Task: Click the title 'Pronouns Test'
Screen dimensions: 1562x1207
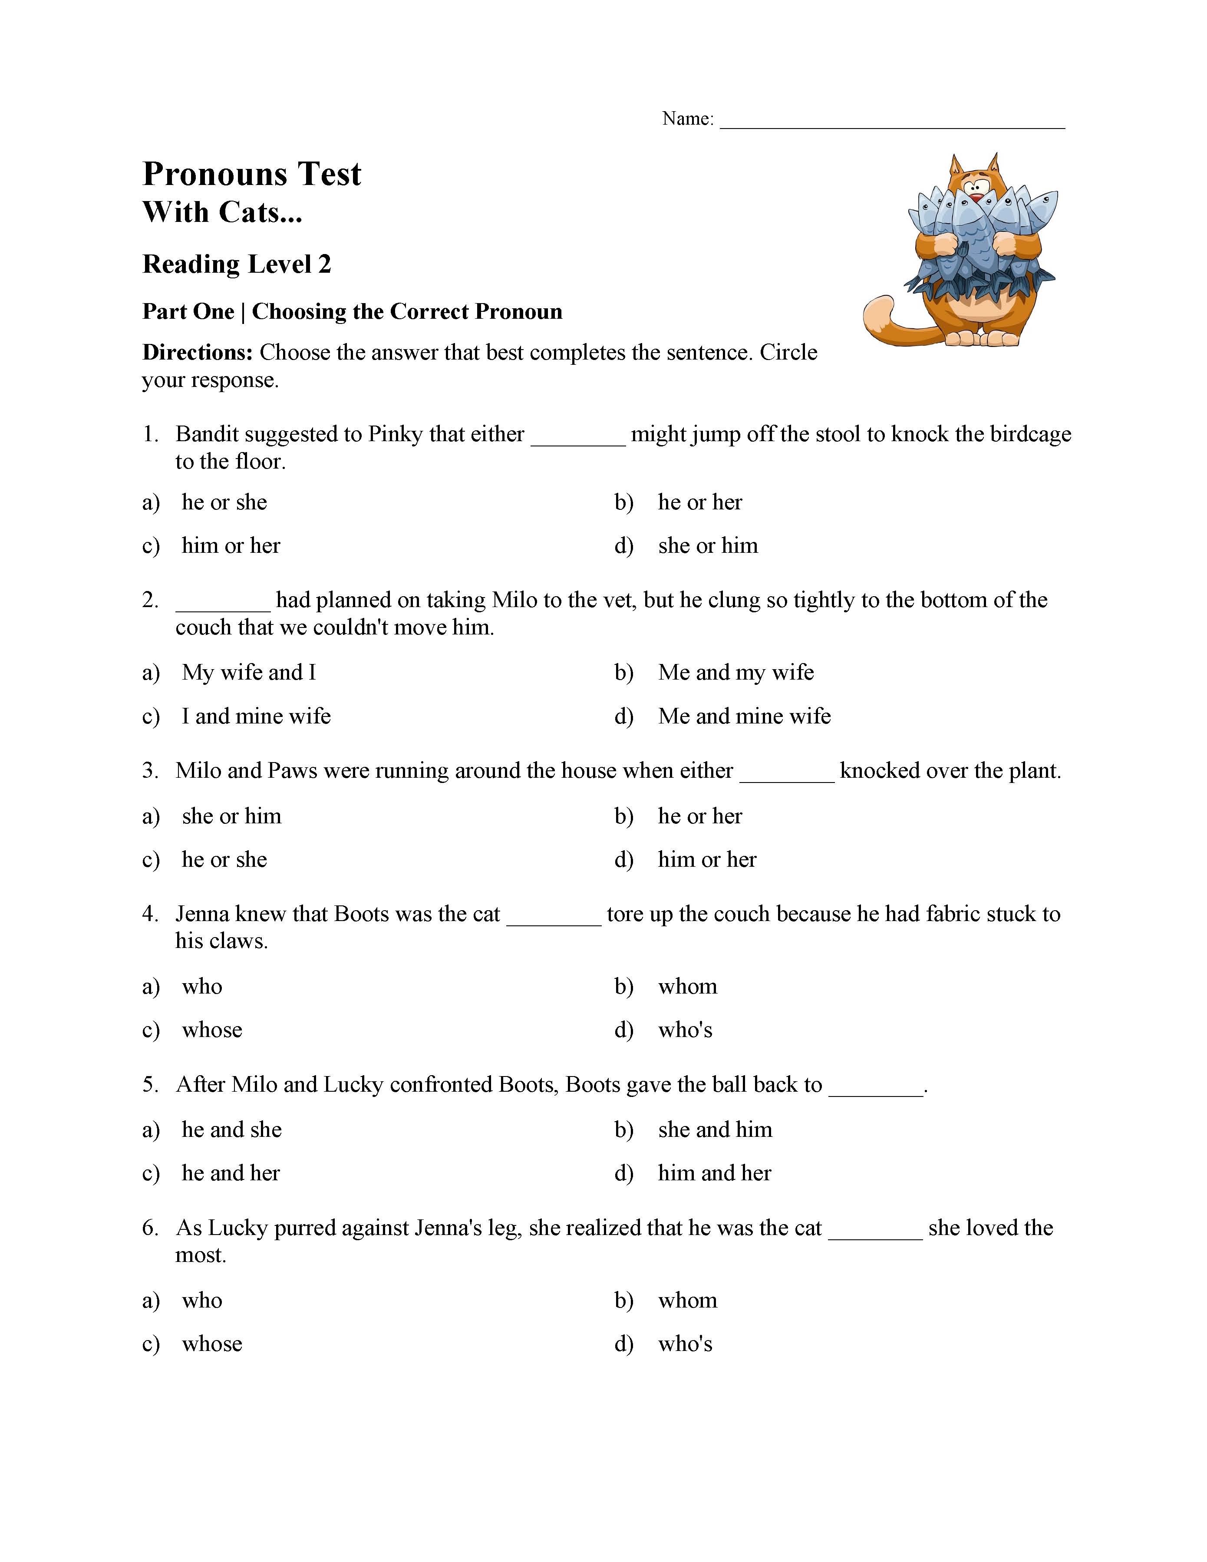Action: (252, 174)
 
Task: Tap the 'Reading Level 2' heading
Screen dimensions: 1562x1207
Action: (237, 264)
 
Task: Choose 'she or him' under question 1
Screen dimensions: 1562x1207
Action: (707, 546)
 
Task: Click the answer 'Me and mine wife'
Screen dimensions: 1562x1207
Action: (744, 716)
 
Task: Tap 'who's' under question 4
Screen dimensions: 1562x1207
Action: (685, 1030)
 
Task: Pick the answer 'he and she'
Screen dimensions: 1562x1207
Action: (232, 1129)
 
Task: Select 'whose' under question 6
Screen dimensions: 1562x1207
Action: (211, 1344)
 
